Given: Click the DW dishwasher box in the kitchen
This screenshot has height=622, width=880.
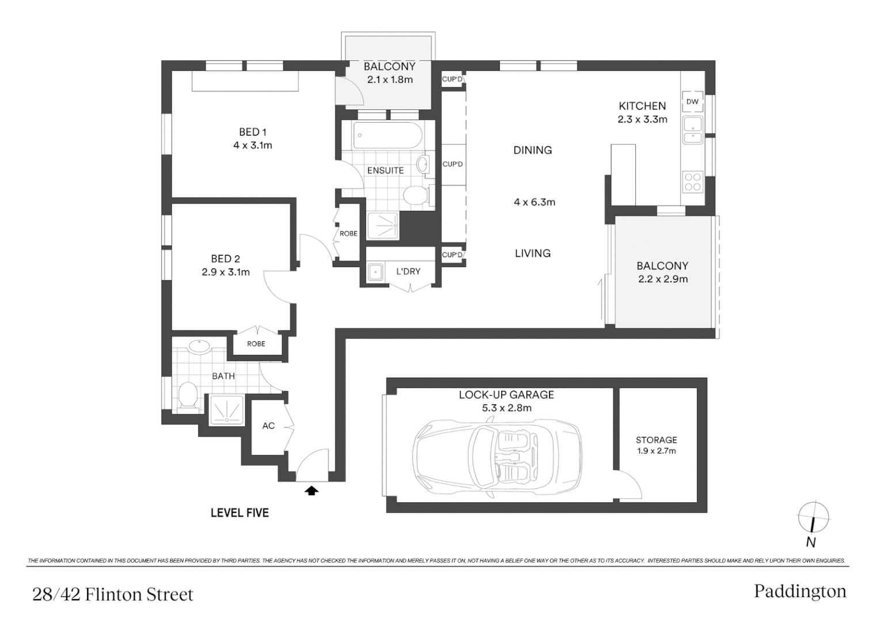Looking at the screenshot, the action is (x=692, y=101).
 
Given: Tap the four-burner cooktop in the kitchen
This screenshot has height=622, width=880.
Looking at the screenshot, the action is (x=692, y=182).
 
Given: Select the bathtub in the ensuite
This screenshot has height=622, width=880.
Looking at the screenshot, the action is (x=388, y=135).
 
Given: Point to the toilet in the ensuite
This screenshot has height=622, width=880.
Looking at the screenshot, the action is (x=418, y=195).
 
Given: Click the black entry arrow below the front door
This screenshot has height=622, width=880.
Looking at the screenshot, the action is (x=312, y=491).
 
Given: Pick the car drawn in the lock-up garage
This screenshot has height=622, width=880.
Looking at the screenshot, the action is (x=497, y=458).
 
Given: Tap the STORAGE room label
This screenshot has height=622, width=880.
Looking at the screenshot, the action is (x=657, y=440).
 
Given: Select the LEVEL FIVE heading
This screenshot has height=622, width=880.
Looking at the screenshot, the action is (x=240, y=513).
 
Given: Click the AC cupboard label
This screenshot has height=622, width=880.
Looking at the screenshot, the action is (x=268, y=426).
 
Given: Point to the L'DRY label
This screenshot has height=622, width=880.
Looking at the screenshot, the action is (x=408, y=271).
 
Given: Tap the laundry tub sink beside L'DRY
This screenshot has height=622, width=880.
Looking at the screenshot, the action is (x=375, y=272).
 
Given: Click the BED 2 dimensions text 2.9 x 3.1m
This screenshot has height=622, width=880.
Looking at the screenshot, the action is (x=226, y=272).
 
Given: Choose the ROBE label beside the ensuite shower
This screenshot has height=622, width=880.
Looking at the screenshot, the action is (x=348, y=233).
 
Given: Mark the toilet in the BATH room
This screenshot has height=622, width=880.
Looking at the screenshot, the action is (x=188, y=396).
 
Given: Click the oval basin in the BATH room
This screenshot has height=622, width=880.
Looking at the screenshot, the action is (x=200, y=346).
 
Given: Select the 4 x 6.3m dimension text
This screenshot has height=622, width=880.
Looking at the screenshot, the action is (x=534, y=202).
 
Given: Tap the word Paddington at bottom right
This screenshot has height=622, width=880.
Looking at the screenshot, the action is (x=801, y=591).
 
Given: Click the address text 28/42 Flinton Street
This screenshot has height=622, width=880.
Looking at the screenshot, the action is (x=113, y=594).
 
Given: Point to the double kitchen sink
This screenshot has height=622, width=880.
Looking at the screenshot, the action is (x=692, y=130).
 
